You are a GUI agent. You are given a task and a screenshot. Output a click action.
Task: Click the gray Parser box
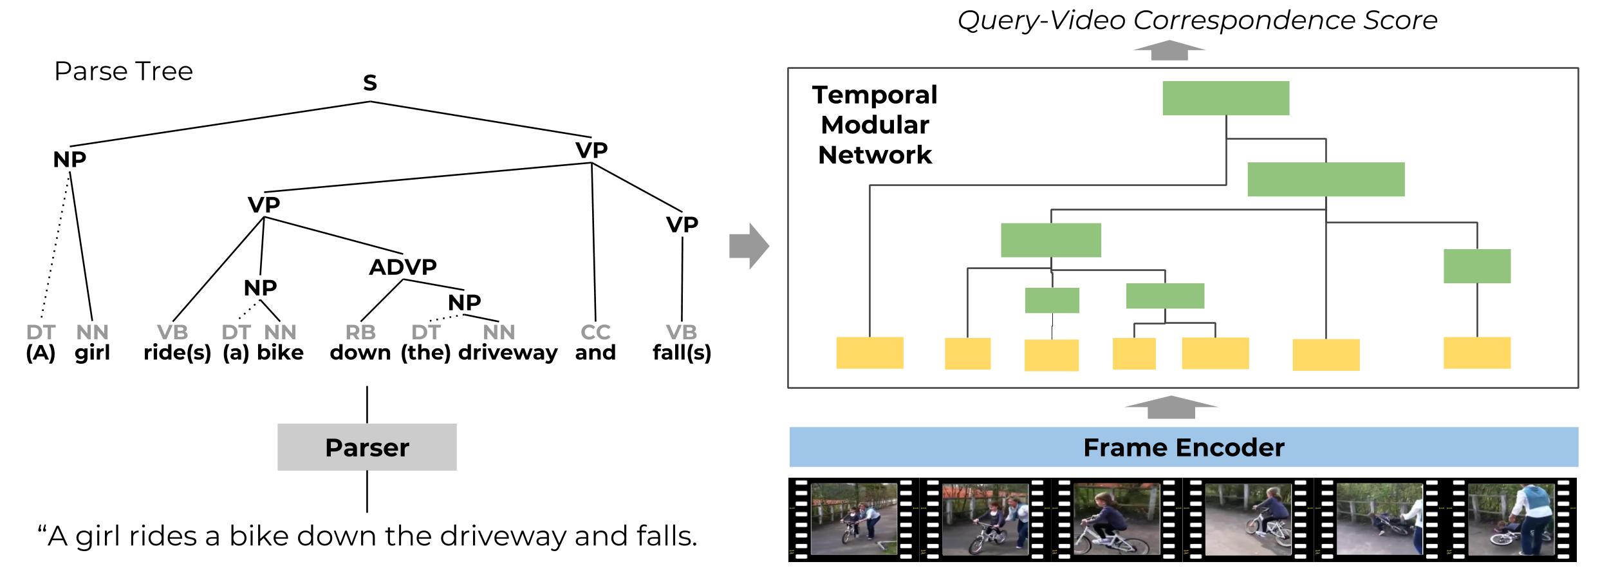[x=367, y=447]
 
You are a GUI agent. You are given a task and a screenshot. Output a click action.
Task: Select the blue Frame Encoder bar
[x=1183, y=447]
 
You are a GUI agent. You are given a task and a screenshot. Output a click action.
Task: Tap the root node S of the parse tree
[x=369, y=82]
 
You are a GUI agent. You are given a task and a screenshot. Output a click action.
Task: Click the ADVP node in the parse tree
[x=403, y=267]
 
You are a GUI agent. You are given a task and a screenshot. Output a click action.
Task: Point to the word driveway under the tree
[x=508, y=353]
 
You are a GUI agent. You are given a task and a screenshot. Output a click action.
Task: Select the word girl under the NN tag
[x=92, y=353]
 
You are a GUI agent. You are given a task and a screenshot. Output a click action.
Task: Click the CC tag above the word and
[x=595, y=332]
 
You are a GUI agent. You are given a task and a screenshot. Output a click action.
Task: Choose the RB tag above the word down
[x=360, y=332]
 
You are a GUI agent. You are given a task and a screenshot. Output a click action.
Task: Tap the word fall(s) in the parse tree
[x=682, y=353]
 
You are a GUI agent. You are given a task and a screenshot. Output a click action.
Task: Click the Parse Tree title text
[x=124, y=71]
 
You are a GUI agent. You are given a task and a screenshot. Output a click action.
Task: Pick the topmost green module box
[x=1225, y=98]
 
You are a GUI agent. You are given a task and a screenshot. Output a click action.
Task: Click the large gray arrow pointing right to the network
[x=749, y=246]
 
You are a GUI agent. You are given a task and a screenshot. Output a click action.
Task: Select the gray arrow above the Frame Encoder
[x=1171, y=407]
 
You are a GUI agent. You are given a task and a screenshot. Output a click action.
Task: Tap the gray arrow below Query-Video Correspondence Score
[x=1169, y=50]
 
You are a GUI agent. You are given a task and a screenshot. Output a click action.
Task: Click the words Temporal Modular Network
[x=875, y=125]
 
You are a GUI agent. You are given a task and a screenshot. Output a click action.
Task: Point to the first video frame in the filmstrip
[x=853, y=519]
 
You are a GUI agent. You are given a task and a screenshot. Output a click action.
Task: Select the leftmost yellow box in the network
[x=870, y=353]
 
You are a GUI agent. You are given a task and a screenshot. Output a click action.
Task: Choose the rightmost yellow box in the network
[x=1476, y=353]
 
